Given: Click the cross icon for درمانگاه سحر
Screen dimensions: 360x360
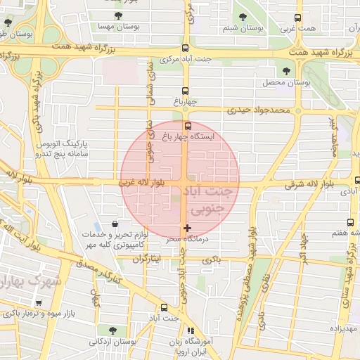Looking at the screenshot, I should click(x=186, y=228).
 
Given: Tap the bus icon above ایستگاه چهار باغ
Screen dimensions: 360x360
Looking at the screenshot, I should click(x=186, y=126).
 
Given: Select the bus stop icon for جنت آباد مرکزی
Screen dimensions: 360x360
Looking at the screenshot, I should click(x=186, y=49).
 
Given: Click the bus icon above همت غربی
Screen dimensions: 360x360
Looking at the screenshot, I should click(x=298, y=18).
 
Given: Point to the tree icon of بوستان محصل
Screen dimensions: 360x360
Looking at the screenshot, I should click(x=285, y=71).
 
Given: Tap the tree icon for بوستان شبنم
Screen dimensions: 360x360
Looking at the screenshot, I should click(x=243, y=15).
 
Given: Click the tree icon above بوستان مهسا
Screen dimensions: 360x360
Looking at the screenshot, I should click(x=116, y=15).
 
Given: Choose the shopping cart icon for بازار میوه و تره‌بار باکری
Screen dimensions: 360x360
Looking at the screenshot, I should click(x=38, y=303).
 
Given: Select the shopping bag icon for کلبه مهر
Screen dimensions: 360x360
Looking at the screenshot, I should click(x=113, y=224).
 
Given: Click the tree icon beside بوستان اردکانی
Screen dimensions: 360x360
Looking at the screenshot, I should click(x=113, y=330).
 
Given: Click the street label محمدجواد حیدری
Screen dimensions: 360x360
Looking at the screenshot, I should click(x=259, y=111).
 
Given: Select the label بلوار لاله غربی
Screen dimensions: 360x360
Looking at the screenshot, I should click(x=143, y=183).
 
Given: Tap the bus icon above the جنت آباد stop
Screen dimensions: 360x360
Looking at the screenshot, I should click(x=164, y=307).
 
